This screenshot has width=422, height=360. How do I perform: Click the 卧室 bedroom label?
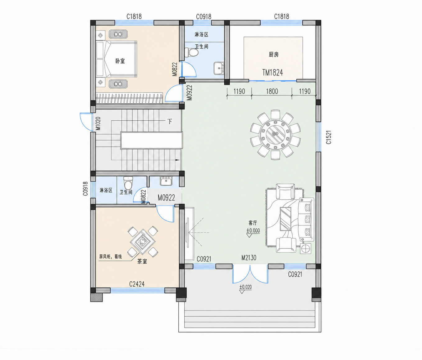tap(120, 61)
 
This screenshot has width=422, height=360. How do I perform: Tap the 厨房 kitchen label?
tap(273, 54)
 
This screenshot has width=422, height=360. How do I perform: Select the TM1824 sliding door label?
tap(273, 72)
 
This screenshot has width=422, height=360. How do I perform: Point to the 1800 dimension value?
tap(272, 91)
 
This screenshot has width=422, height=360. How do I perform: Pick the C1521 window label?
tap(328, 137)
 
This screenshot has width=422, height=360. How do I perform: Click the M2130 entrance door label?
tap(249, 258)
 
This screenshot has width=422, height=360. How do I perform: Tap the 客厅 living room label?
tap(253, 223)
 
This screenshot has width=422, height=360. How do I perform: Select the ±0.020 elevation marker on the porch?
tap(245, 287)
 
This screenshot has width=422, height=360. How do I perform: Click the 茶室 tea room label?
tap(142, 261)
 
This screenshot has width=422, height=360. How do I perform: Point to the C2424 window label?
tap(137, 284)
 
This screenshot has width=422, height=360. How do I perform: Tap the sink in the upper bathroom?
tap(219, 68)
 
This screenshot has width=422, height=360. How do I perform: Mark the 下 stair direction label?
tap(170, 122)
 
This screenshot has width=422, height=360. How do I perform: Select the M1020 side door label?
tap(98, 123)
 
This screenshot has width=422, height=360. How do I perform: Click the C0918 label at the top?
tap(204, 17)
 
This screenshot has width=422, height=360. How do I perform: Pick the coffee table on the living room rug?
tap(286, 219)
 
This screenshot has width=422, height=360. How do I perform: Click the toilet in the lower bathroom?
tap(128, 183)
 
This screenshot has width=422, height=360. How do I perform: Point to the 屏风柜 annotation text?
tap(106, 256)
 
